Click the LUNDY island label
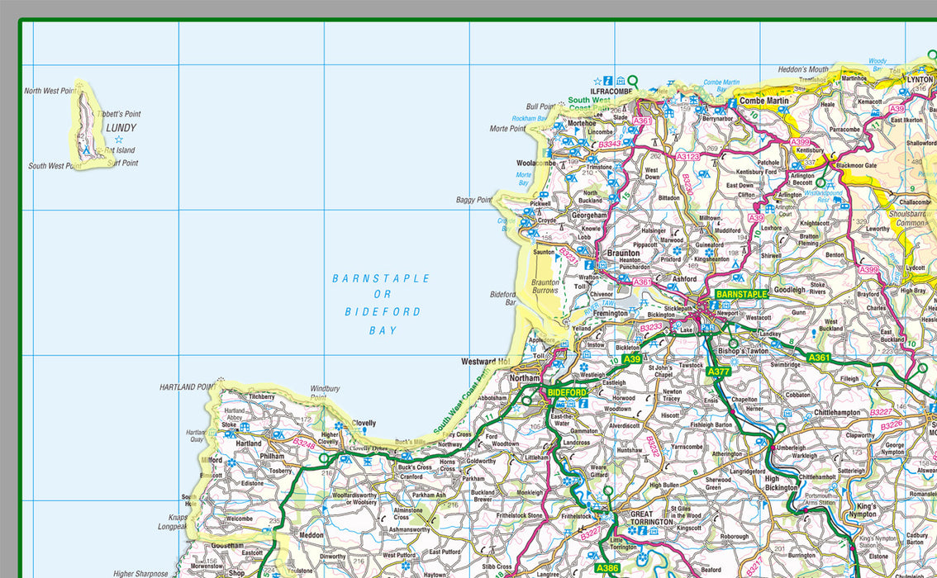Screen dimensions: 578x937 (121, 128)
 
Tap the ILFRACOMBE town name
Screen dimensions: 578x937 (611, 91)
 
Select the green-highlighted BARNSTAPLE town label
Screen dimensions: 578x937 (741, 294)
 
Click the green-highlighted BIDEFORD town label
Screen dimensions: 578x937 (566, 392)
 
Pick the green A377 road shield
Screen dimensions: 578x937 (718, 372)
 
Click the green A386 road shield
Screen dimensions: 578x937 (606, 567)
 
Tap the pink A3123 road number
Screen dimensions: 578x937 (687, 156)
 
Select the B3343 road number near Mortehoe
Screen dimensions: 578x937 (610, 144)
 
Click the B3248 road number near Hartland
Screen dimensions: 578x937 (304, 443)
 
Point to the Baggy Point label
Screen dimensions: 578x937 (473, 200)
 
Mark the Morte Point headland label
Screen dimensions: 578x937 (507, 129)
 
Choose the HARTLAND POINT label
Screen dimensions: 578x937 (188, 386)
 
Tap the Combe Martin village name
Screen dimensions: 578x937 (763, 101)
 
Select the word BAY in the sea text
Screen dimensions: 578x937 (383, 330)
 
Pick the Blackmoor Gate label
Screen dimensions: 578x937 (856, 165)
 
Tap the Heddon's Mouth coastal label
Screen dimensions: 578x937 (802, 69)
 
